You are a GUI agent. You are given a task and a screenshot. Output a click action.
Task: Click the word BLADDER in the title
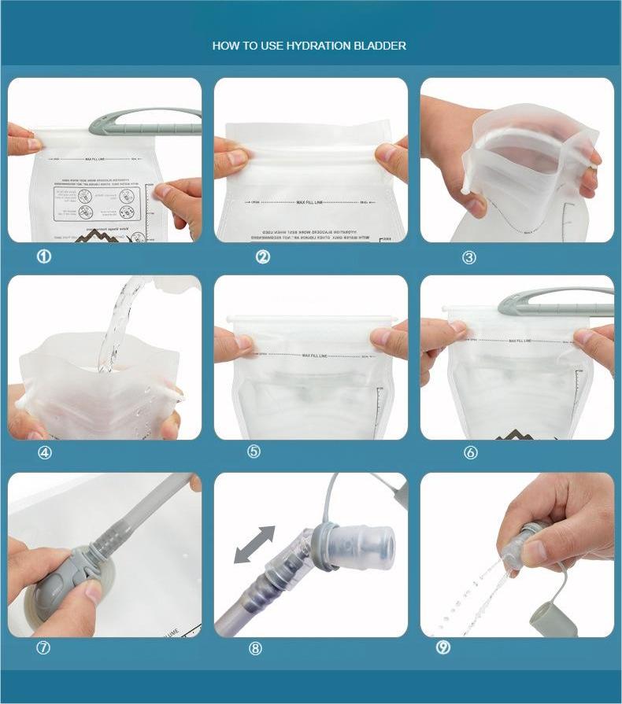point(381,46)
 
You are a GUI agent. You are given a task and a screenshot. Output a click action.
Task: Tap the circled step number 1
point(45,256)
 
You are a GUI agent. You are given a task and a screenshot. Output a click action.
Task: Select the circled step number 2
point(263,256)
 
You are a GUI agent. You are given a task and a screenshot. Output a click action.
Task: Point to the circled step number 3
point(469,257)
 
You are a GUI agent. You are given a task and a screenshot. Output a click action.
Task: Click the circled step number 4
point(45,452)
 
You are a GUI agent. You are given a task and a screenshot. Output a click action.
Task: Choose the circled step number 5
point(254,452)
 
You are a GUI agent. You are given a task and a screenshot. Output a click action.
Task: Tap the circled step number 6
point(471,452)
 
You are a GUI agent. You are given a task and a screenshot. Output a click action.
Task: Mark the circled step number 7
point(43,648)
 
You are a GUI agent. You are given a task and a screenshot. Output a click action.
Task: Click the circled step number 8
point(255,649)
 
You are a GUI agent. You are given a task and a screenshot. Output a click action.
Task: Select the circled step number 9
point(443,648)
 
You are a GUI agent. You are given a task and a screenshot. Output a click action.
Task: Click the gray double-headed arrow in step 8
point(255,544)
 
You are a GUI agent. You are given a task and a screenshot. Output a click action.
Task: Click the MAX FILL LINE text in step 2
point(311,203)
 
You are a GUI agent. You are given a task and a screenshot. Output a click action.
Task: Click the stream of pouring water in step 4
point(118,323)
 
